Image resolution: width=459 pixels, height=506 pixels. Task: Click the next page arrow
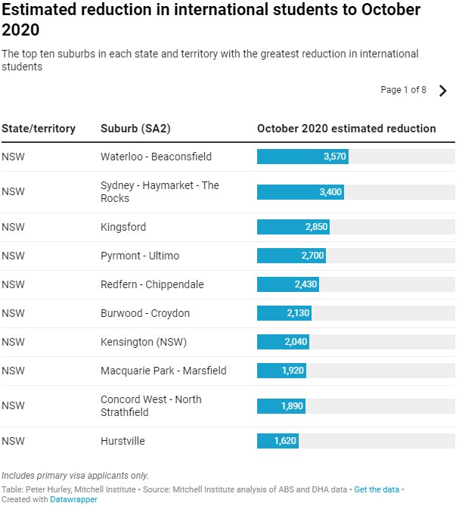pos(443,91)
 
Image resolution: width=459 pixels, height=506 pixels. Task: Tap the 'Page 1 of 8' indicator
pos(403,90)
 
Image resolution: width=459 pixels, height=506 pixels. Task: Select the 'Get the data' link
pos(377,489)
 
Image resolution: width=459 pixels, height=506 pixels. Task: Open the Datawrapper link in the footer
pos(74,499)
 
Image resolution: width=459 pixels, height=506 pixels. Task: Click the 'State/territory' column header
pos(39,129)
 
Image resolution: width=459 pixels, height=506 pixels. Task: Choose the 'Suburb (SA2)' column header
pos(135,129)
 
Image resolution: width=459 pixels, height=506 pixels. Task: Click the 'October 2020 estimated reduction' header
pos(346,129)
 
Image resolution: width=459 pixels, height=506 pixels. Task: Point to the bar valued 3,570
pos(302,157)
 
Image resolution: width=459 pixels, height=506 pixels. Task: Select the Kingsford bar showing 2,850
pos(293,227)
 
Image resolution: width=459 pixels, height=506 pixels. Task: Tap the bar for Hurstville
pos(278,441)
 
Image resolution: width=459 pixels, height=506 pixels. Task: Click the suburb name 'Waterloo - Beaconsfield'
pos(156,157)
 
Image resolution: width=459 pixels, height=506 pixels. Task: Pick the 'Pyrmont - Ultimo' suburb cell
pos(140,256)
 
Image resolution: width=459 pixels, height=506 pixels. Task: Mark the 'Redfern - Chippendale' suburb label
pos(152,284)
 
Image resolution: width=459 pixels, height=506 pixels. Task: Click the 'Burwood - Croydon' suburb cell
pos(145,313)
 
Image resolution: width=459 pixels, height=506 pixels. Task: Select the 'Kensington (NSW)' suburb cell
pos(144,342)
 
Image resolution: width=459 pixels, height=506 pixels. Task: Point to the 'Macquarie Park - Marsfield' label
pos(163,371)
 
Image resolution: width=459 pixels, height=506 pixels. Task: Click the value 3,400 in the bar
pos(330,192)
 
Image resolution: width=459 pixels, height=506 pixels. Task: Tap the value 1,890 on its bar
pos(292,406)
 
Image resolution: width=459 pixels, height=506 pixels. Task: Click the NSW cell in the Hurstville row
pos(13,441)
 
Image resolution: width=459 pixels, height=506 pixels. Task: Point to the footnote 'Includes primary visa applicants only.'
pos(75,475)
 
